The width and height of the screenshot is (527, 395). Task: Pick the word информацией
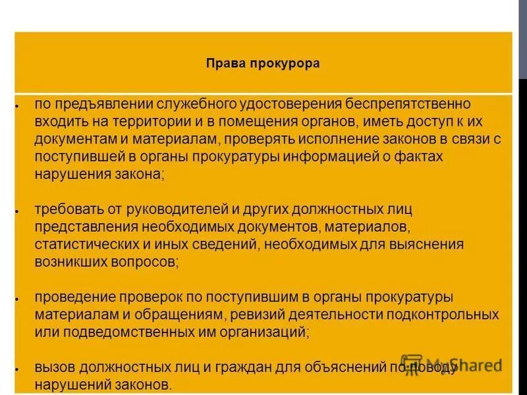point(329,157)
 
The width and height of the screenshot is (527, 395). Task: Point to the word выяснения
point(422,245)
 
